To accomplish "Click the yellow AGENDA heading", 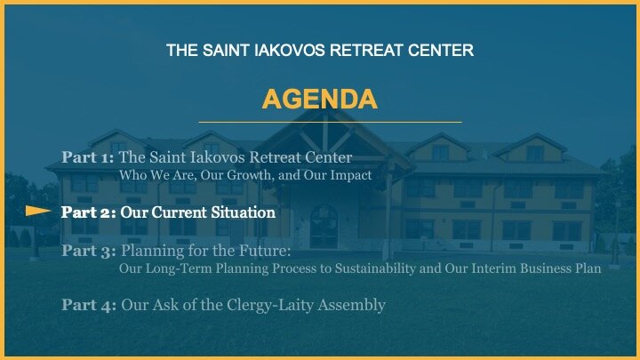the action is (320, 100).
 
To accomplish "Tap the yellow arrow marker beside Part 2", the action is (38, 211).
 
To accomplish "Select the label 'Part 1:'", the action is (88, 157).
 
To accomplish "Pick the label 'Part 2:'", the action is (89, 212).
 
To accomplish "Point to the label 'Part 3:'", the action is (89, 251).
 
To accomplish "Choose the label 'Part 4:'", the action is (89, 305).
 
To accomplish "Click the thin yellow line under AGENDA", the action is (330, 122).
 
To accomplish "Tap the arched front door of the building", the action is (324, 227).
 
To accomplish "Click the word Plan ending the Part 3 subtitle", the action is (588, 268).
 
